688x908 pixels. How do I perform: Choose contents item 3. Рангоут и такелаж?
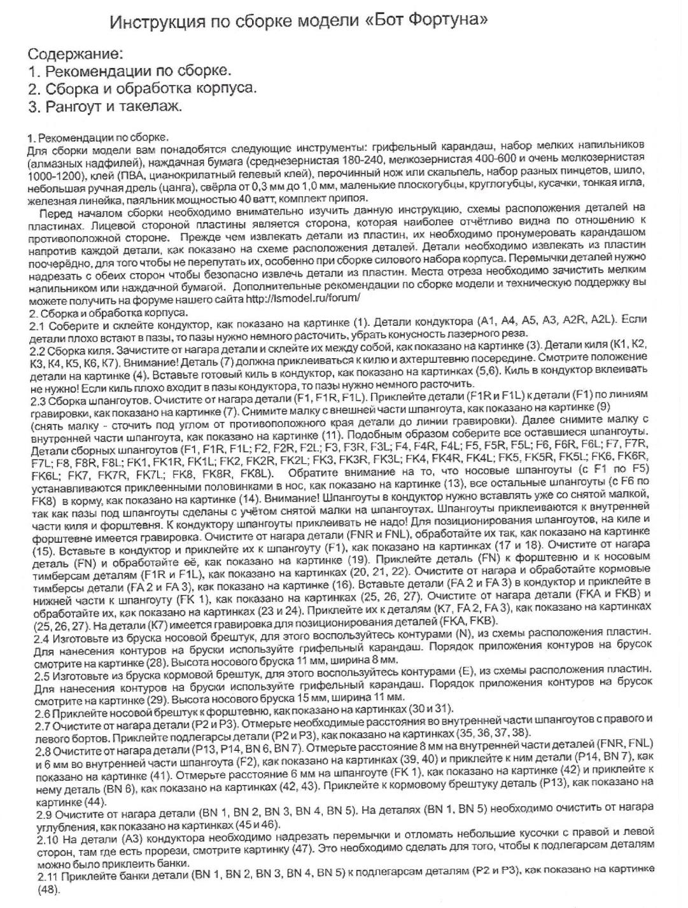[105, 106]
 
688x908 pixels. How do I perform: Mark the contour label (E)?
[473, 673]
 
